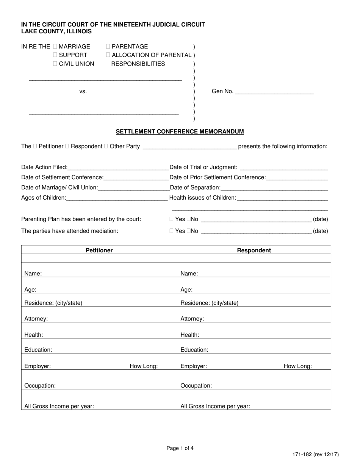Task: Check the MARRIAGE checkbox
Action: click(55, 47)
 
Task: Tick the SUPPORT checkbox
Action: click(55, 55)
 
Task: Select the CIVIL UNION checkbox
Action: click(55, 64)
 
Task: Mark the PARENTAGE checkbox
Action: click(108, 47)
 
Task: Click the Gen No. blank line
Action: click(274, 92)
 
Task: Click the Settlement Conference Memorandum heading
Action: click(180, 132)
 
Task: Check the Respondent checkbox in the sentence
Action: click(67, 146)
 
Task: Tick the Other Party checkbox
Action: click(106, 146)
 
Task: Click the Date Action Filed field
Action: click(118, 167)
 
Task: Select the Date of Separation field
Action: click(274, 188)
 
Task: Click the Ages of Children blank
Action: click(117, 198)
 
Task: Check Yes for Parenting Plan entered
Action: click(172, 219)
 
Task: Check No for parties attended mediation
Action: click(189, 231)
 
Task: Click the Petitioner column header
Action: click(99, 250)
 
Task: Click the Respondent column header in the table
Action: click(254, 250)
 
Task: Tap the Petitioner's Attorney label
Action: click(36, 319)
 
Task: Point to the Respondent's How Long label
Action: click(297, 366)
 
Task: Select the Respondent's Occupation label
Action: click(196, 386)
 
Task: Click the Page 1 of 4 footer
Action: click(180, 449)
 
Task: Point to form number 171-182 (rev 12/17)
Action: click(315, 455)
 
